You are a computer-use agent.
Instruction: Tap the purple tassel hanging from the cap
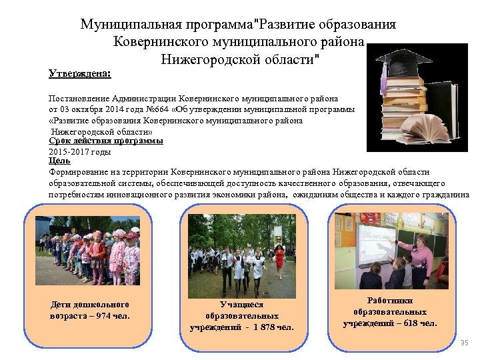coord(383,80)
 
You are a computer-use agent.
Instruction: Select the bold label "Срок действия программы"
coord(106,141)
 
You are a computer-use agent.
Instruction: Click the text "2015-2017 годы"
coord(80,151)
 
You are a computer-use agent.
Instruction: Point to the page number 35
coord(465,342)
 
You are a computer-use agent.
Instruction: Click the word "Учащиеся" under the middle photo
coord(241,304)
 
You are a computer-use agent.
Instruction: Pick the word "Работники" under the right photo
coord(390,301)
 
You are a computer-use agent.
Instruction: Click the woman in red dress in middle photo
coord(280,257)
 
